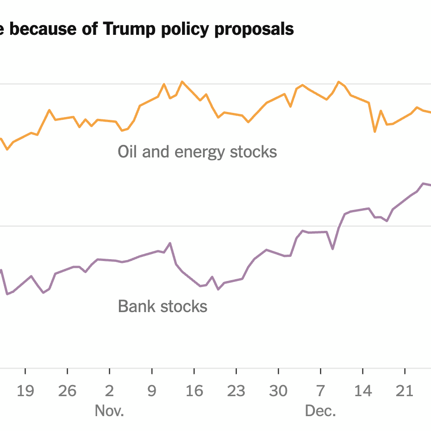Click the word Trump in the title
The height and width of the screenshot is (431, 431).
point(128,29)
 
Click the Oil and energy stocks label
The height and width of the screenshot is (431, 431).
point(197,152)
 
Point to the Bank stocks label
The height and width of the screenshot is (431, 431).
point(163,307)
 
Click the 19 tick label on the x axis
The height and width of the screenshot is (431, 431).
point(25,391)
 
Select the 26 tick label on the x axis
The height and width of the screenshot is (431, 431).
point(67,391)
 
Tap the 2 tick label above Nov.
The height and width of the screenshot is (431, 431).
point(110,391)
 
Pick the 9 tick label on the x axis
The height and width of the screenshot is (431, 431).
point(152,391)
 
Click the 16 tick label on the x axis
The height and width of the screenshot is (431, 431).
point(194,391)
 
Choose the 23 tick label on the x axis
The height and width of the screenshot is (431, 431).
point(236,391)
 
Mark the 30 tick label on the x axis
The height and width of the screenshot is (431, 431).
point(278,391)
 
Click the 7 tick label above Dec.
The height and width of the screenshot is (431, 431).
point(320,391)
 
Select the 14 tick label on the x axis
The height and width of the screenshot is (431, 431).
point(363,391)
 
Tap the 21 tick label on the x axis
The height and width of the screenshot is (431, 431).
point(405,391)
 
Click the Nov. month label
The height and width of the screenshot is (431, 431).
point(109,411)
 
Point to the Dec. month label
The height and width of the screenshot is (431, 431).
point(320,411)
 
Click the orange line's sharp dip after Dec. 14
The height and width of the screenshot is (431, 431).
point(375,132)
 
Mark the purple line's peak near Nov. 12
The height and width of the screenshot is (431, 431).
point(170,243)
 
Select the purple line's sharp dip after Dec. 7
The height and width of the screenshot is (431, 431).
point(333,249)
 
